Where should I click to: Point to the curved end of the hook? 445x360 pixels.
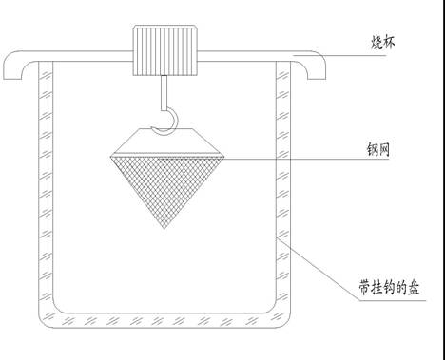tap(170, 120)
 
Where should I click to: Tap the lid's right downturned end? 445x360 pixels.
tap(319, 70)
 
